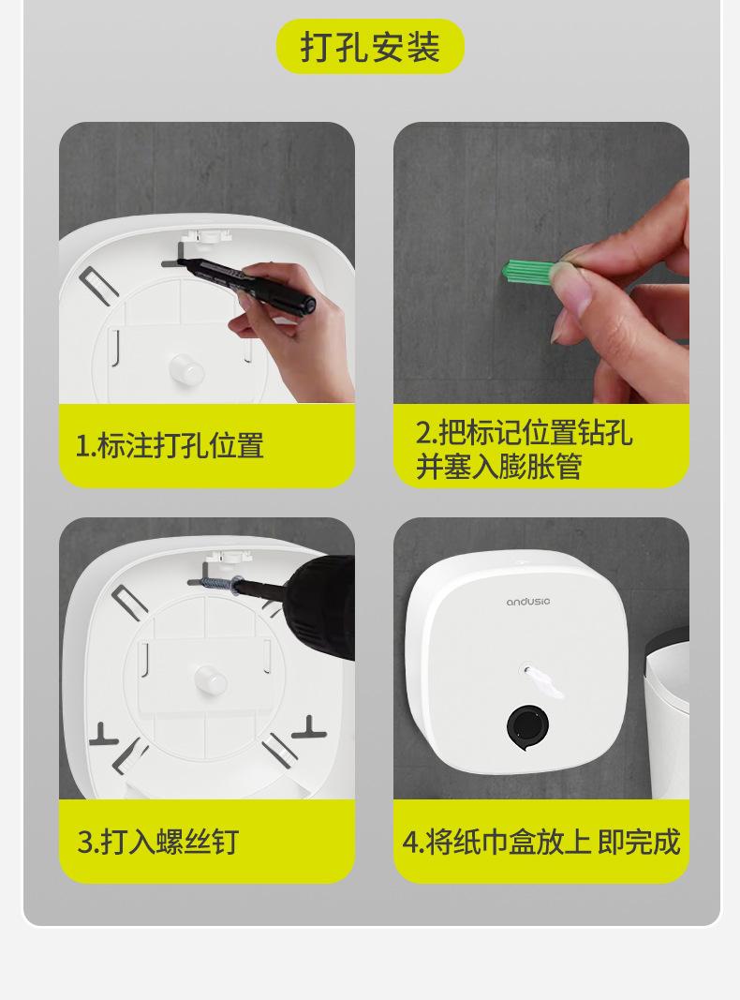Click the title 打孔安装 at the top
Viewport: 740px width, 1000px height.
370,47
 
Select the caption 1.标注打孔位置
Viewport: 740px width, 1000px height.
170,445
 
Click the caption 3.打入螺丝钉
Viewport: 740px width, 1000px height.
158,842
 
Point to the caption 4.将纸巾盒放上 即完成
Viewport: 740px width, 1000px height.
541,842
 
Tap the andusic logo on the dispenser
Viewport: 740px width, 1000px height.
527,602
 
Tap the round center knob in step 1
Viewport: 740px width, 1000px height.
186,368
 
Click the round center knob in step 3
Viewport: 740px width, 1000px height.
211,680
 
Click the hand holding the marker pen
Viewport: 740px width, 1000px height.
293,332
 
